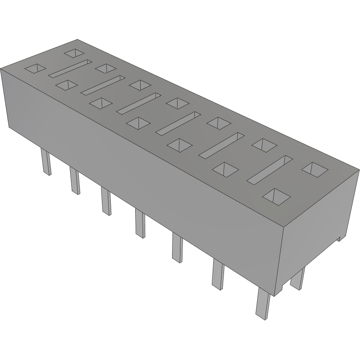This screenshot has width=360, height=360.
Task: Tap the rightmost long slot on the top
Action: point(270,168)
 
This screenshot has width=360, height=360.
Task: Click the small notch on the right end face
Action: point(339,238)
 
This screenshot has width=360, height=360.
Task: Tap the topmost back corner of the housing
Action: point(77,39)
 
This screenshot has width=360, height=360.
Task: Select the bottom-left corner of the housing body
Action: point(9,128)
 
